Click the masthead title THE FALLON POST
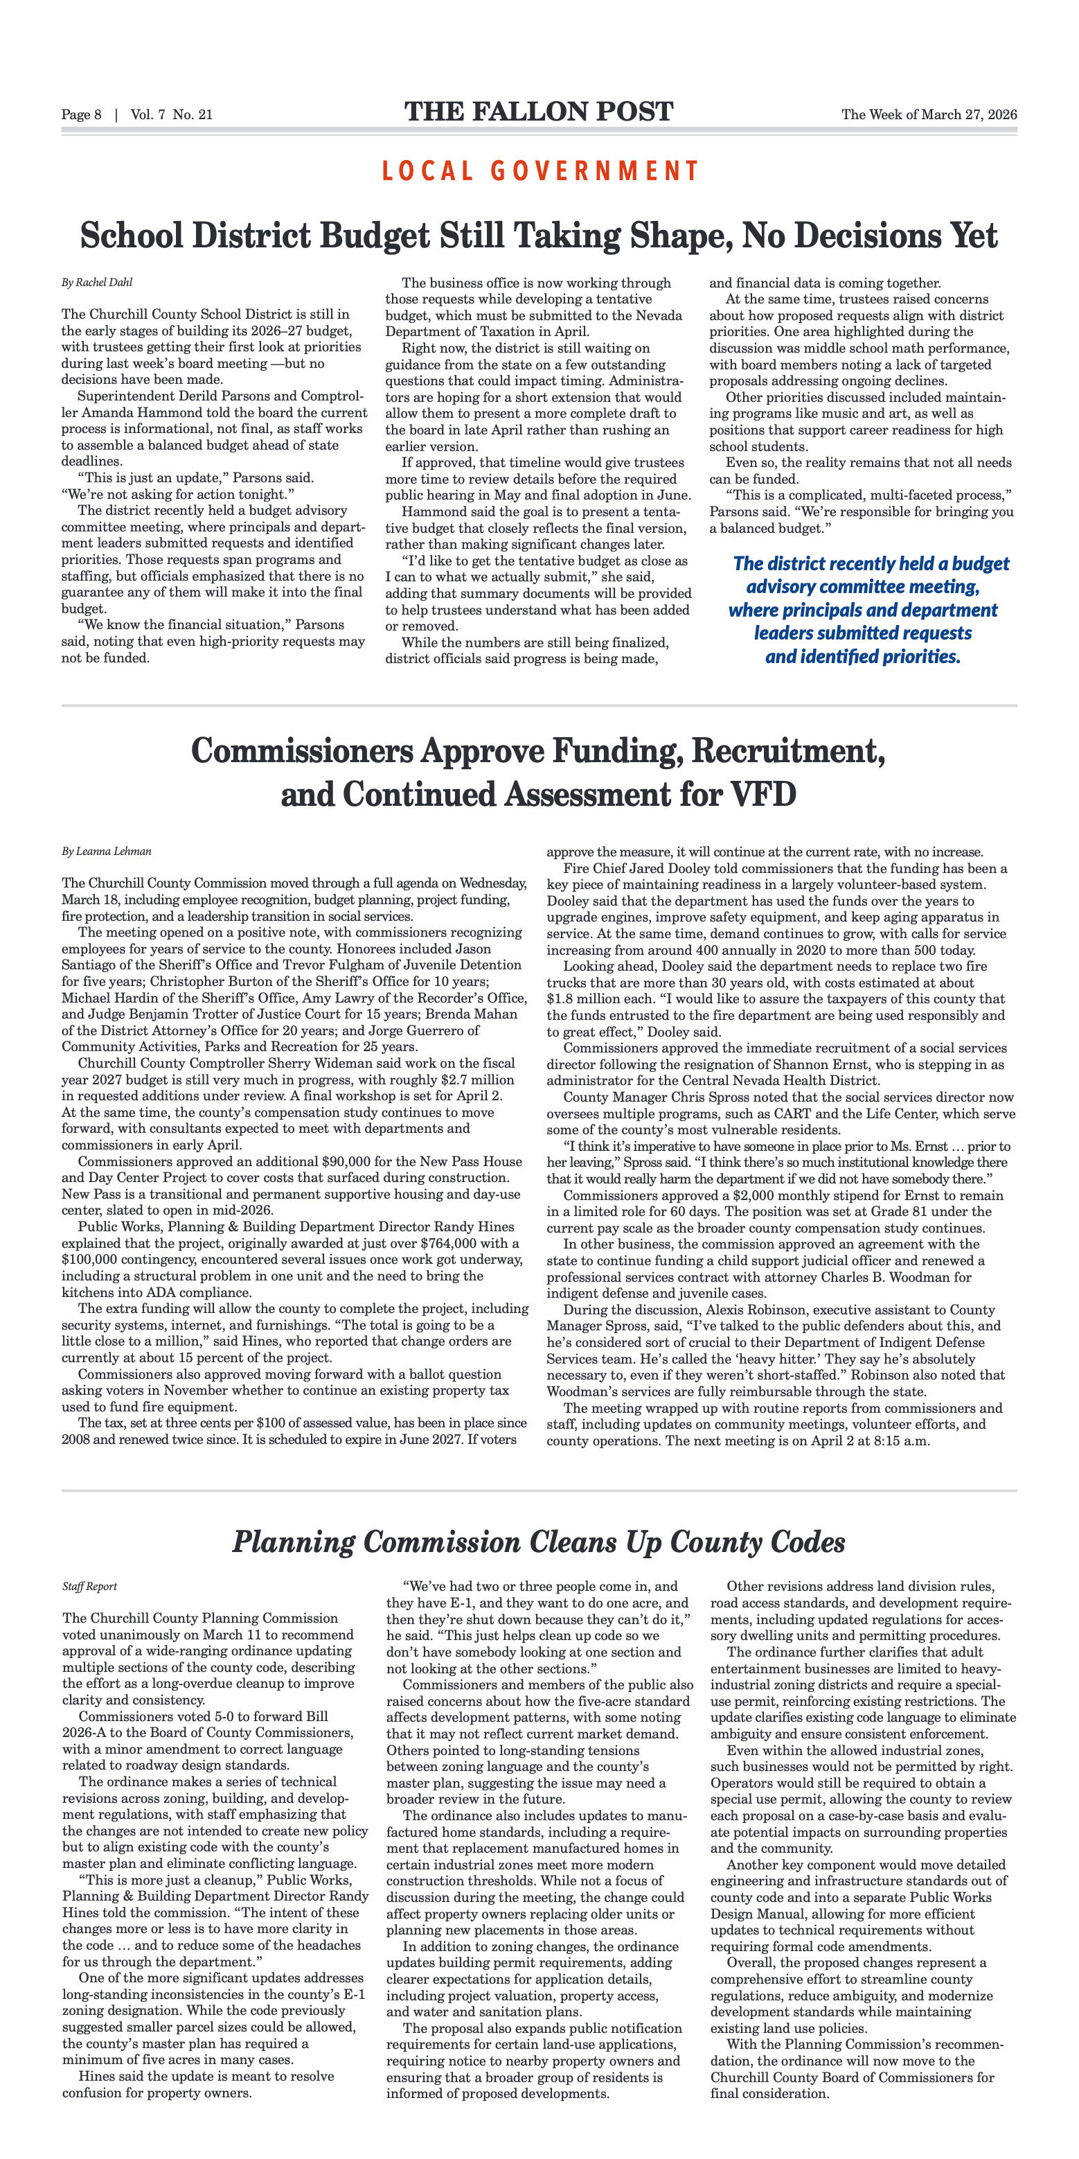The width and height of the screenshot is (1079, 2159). coord(539,112)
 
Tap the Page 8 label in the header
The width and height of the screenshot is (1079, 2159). coord(81,115)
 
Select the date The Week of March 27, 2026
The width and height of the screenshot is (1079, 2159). coord(929,115)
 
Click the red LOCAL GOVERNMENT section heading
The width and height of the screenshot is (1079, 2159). coord(540,171)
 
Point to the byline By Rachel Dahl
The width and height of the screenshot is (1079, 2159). coord(97,283)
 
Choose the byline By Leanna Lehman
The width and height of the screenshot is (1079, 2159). coord(107,852)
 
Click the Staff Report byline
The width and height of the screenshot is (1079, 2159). coord(89,1587)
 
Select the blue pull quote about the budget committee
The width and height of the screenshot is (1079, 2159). coord(863,610)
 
